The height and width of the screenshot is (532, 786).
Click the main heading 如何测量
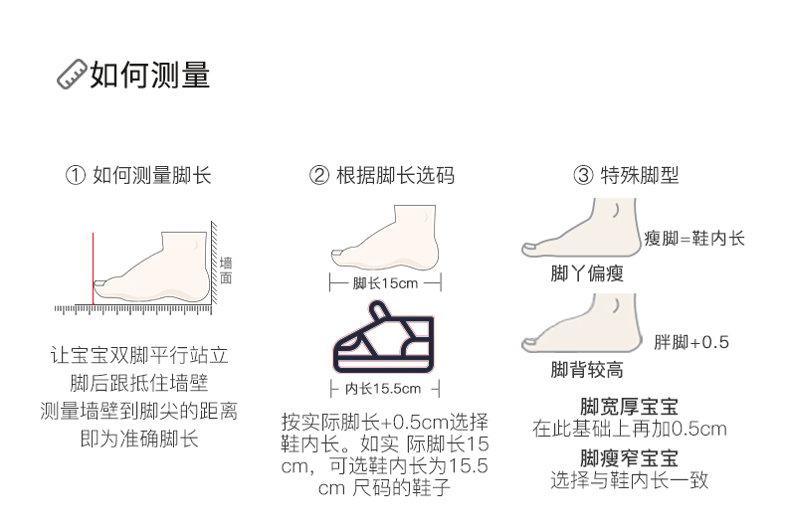(x=150, y=75)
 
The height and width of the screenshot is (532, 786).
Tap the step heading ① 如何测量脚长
(x=138, y=176)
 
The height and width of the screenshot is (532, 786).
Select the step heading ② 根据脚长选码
(x=383, y=176)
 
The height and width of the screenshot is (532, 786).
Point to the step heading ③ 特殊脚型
(x=626, y=176)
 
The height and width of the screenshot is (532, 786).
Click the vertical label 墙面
(x=225, y=269)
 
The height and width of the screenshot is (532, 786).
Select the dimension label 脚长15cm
(x=385, y=283)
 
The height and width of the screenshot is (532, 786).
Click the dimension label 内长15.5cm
(x=383, y=388)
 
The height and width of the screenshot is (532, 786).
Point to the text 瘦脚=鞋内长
(x=693, y=239)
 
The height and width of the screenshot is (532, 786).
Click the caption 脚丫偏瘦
(x=587, y=273)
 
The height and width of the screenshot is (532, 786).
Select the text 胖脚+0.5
(x=691, y=343)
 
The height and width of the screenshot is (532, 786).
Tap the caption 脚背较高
(x=587, y=370)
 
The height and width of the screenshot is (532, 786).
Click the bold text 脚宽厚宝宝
(x=629, y=408)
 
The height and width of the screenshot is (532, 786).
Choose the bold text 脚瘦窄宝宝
(x=629, y=458)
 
